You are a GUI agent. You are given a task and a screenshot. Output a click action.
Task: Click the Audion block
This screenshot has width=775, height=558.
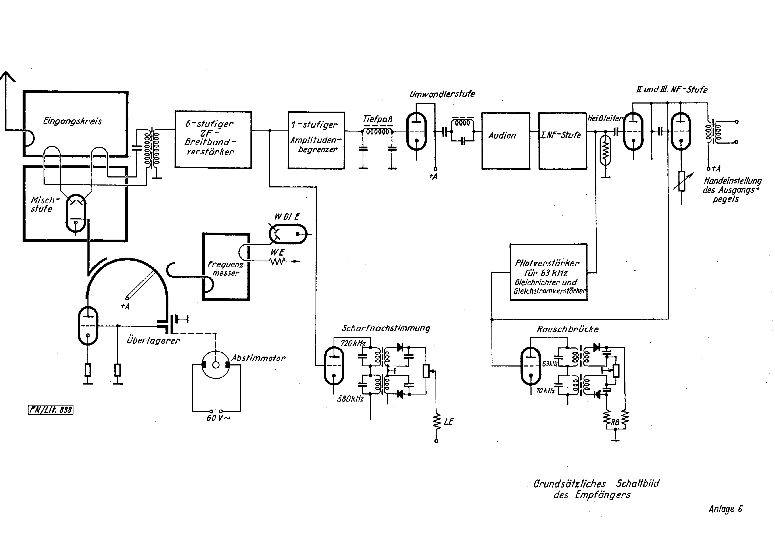(x=505, y=140)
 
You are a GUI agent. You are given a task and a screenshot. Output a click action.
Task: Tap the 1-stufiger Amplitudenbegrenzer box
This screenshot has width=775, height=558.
(x=316, y=140)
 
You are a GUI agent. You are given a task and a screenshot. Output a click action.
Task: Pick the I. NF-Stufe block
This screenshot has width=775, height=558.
(x=562, y=140)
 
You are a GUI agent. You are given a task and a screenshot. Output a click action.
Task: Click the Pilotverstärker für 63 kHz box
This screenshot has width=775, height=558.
(x=548, y=272)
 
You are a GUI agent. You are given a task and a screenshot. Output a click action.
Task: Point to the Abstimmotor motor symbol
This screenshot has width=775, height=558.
(x=216, y=365)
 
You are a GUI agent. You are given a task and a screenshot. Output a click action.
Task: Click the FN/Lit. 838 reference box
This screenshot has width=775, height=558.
(x=51, y=410)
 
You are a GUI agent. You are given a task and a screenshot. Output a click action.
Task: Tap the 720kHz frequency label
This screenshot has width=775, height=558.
(x=353, y=343)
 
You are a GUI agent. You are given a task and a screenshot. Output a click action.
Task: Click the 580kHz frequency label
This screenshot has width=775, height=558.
(x=350, y=399)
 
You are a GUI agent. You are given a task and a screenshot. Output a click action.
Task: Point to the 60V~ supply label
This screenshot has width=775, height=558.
(x=218, y=418)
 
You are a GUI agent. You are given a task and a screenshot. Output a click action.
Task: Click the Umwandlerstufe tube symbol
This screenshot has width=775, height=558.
(x=416, y=131)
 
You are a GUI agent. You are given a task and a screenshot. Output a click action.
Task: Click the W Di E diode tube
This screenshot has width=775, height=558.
(x=288, y=234)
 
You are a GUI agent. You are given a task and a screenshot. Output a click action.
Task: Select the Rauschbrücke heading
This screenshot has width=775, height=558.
(x=568, y=329)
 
